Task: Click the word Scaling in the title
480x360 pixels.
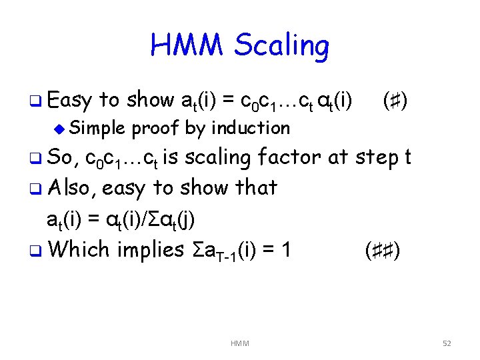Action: coord(282,47)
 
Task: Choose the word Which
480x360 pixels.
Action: coord(79,249)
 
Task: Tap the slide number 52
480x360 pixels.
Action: coord(447,343)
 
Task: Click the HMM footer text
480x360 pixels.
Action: coord(239,343)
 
